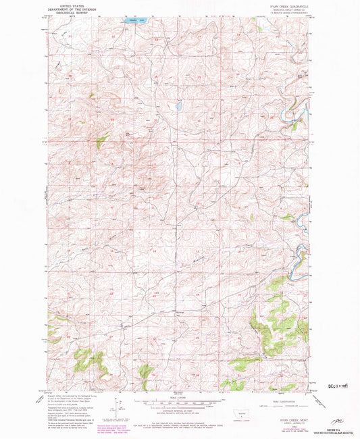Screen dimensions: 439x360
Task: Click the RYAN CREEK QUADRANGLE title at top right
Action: click(284, 4)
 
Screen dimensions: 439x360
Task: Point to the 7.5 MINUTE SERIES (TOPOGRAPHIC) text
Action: click(284, 11)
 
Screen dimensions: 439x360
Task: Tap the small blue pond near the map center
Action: click(178, 106)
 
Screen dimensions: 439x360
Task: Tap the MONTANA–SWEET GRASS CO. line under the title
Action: click(284, 8)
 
